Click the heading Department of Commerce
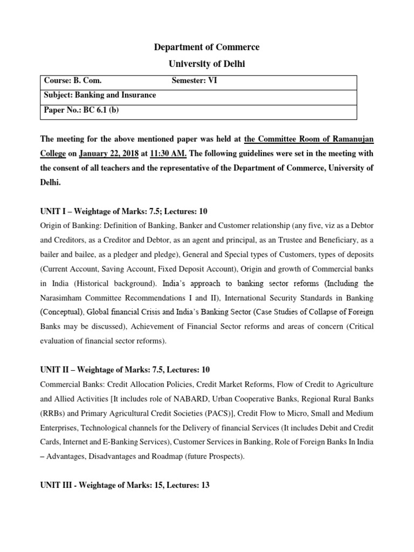click(x=207, y=47)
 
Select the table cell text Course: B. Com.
click(x=72, y=81)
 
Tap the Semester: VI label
click(x=195, y=81)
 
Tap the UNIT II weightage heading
click(x=125, y=369)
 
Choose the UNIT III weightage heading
click(x=125, y=485)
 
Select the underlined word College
click(x=53, y=153)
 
